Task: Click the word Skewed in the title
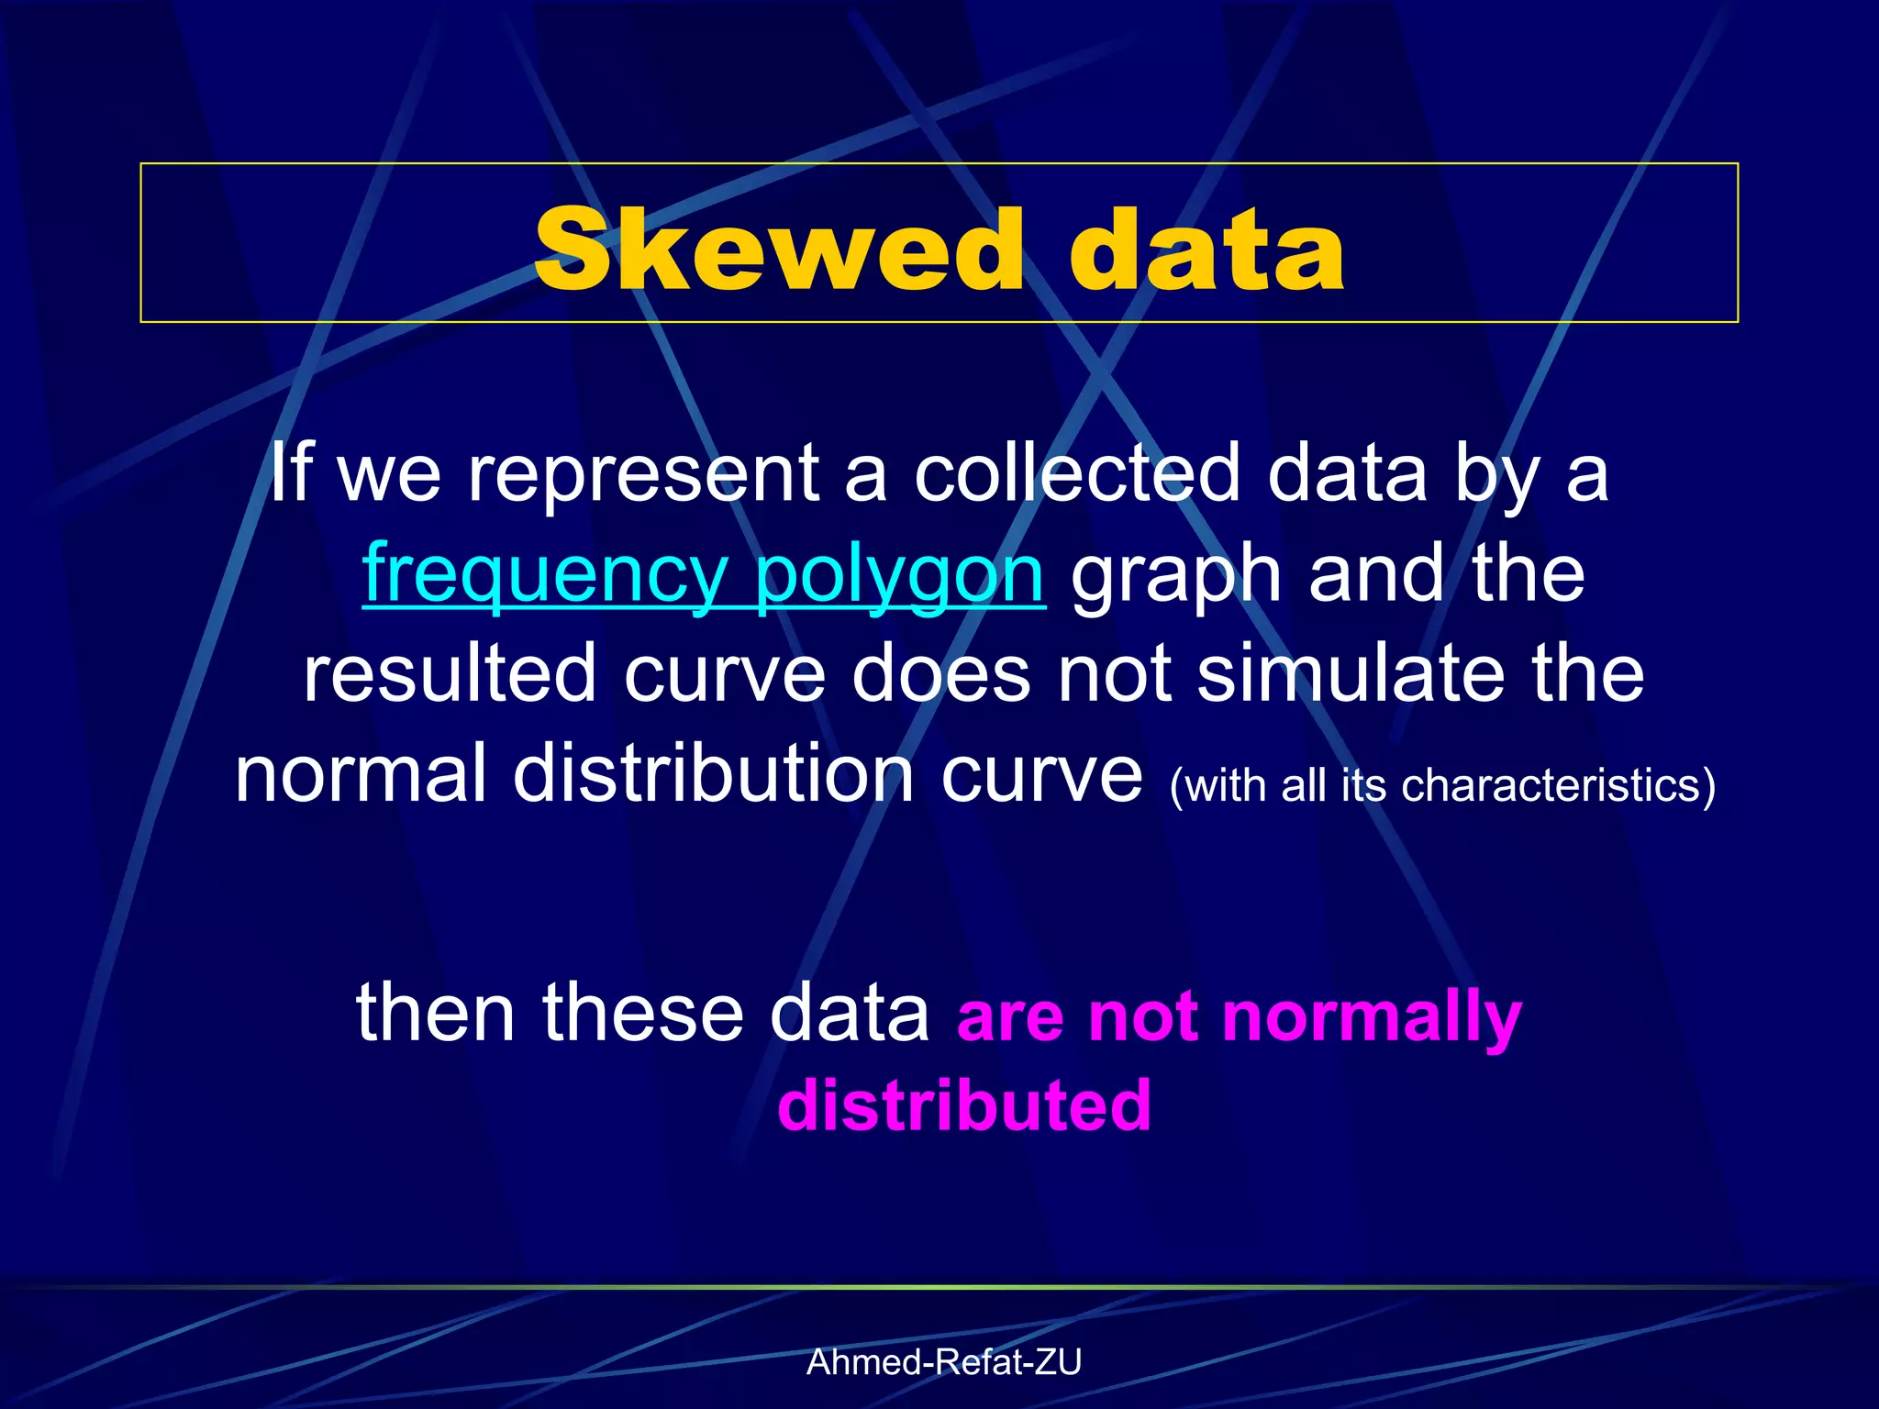778,250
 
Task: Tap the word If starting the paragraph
291,473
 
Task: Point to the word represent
642,475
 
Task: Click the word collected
1077,473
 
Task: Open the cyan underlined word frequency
545,574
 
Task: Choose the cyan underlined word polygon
899,576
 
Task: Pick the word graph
1176,576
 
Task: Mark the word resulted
450,674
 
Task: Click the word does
941,674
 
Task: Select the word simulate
1351,674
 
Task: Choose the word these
642,1013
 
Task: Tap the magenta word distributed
964,1104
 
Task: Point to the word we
390,475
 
